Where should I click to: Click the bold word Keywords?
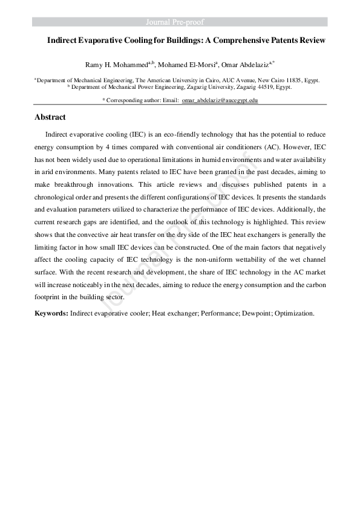(51, 314)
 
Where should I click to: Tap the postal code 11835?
(274, 80)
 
